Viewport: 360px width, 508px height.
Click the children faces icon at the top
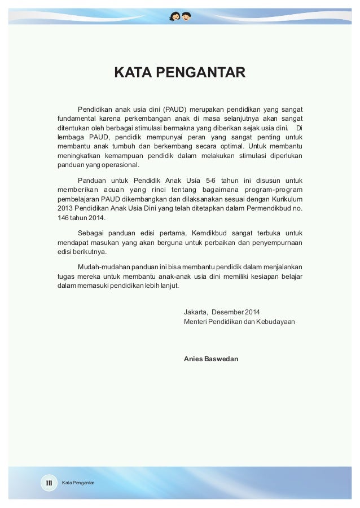(180, 15)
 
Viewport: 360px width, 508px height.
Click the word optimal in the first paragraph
(231, 147)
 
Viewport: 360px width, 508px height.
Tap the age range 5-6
(214, 180)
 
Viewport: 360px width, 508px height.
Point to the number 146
(63, 218)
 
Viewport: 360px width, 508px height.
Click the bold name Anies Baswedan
(211, 358)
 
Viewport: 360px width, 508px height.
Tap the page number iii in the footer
(49, 483)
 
